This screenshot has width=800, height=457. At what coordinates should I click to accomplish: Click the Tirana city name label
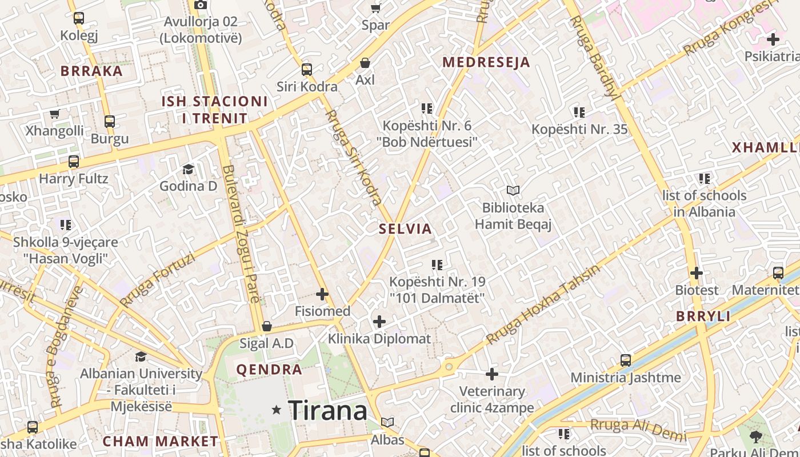pos(327,410)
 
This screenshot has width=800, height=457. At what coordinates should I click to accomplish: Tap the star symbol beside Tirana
pos(277,410)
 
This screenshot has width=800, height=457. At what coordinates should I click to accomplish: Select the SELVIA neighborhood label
pos(405,229)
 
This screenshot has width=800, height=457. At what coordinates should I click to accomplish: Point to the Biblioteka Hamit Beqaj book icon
pos(513,190)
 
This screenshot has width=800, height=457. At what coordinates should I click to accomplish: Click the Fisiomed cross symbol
pos(322,294)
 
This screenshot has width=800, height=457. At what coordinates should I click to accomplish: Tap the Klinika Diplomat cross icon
pos(379,322)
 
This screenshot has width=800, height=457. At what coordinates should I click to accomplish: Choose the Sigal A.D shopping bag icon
pos(266,326)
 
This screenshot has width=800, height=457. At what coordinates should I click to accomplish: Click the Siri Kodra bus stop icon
pos(307,70)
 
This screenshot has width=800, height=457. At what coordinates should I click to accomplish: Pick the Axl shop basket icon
pos(365,63)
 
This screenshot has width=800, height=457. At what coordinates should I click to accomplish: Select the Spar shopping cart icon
pos(375,8)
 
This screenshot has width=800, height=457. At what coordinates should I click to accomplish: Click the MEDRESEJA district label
pos(486,62)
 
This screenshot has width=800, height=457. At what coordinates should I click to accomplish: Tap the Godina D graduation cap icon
pos(188,169)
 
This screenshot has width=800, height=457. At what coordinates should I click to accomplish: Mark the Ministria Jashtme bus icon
pos(626,360)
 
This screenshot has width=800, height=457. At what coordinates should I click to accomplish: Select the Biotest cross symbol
pos(696,273)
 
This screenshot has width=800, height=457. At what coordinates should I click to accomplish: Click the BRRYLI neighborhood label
pos(703,316)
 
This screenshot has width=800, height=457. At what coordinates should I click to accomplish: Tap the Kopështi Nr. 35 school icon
pos(579,113)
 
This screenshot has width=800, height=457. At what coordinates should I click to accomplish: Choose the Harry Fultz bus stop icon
pos(74,162)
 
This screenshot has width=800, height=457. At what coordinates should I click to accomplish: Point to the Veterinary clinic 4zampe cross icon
pos(492,374)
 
